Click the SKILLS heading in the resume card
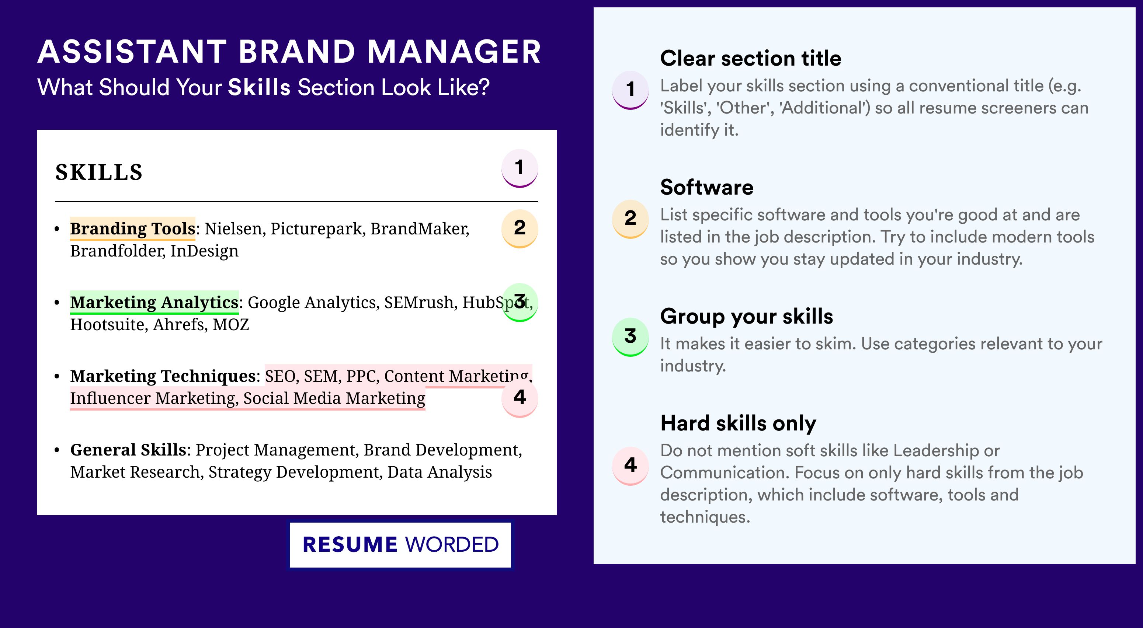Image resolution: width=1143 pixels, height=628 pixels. pos(98,172)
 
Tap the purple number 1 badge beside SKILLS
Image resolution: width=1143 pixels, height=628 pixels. pos(520,168)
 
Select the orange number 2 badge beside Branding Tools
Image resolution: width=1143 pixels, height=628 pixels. pos(520,228)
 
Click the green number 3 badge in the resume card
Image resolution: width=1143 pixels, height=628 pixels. pos(520,302)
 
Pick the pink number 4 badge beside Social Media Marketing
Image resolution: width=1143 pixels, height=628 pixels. pos(520,398)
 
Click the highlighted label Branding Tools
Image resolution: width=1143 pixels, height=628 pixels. pos(133,228)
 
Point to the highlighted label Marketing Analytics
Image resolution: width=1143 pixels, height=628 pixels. pos(154,302)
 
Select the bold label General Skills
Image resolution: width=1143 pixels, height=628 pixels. pos(128,450)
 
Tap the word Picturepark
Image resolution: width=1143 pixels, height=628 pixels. pos(316,229)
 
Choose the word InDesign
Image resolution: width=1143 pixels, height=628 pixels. pos(205,251)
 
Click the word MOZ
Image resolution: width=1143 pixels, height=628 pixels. pos(231,325)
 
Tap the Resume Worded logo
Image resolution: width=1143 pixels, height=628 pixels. pos(400,545)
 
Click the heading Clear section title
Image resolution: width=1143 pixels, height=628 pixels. pos(750,58)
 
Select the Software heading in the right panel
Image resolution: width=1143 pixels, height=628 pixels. pos(707,187)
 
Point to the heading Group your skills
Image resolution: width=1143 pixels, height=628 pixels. pos(747,317)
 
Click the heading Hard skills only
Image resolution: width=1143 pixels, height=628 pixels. pos(738,423)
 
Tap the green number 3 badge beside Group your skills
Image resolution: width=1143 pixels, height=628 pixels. pos(630,336)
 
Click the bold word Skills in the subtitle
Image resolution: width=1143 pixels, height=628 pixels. pos(259,87)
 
